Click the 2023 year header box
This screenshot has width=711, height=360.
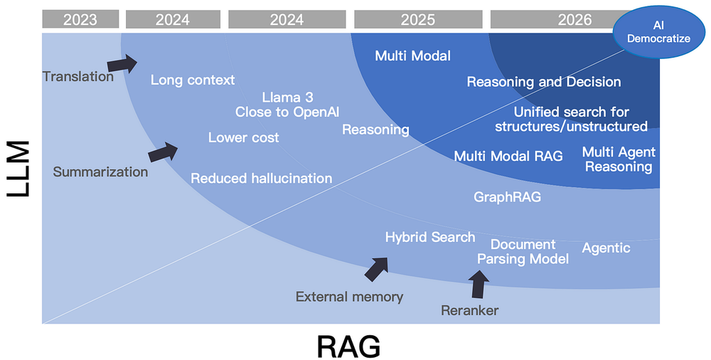pyautogui.click(x=80, y=19)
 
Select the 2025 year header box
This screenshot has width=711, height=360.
pyautogui.click(x=417, y=19)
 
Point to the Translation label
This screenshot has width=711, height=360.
pyautogui.click(x=77, y=76)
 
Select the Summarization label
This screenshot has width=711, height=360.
pyautogui.click(x=100, y=171)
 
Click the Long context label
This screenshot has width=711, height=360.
pyautogui.click(x=192, y=80)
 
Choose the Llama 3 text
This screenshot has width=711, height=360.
pyautogui.click(x=287, y=97)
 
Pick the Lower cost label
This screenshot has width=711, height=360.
pyautogui.click(x=243, y=137)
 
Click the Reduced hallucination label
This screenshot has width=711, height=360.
pyautogui.click(x=261, y=178)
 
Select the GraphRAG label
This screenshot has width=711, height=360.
pyautogui.click(x=507, y=196)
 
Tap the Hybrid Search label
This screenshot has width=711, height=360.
pyautogui.click(x=429, y=237)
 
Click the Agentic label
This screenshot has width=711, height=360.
pyautogui.click(x=606, y=248)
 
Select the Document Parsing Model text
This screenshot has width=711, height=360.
pyautogui.click(x=523, y=252)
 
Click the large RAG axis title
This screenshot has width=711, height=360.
pyautogui.click(x=348, y=346)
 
